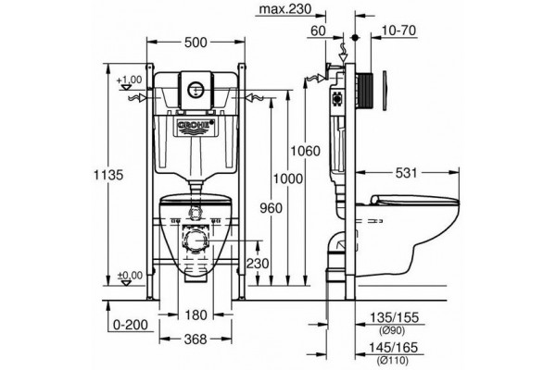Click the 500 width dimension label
tap(196, 43)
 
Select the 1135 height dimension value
tap(108, 175)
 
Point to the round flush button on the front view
tap(195, 89)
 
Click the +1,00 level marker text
tap(129, 80)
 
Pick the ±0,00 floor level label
tap(130, 275)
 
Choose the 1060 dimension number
tap(305, 151)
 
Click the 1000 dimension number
tap(288, 179)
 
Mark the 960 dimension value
tap(272, 208)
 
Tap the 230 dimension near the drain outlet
tap(258, 264)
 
